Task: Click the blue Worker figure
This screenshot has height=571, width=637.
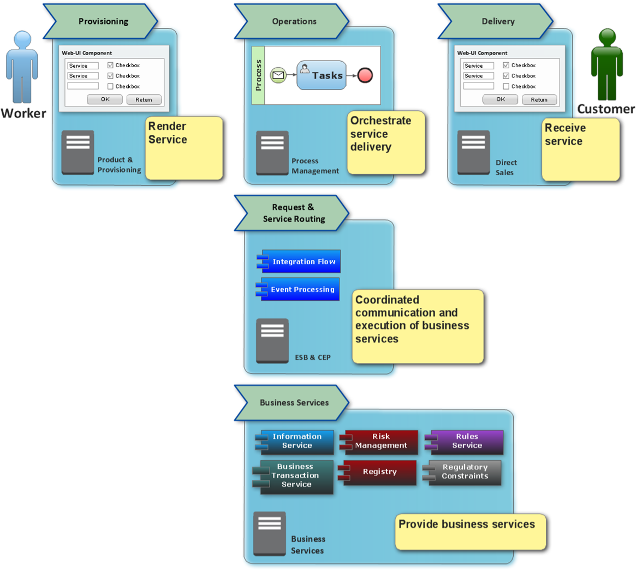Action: click(x=22, y=67)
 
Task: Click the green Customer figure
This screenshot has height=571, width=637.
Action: click(x=607, y=64)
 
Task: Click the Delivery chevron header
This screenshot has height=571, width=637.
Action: click(x=496, y=21)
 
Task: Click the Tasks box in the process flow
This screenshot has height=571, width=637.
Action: click(x=322, y=75)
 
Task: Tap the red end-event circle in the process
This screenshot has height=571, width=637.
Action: click(x=365, y=75)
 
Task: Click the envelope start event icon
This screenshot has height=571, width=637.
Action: click(x=278, y=75)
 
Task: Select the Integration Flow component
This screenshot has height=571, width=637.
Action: click(x=299, y=261)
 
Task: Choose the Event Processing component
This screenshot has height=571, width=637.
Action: click(x=298, y=289)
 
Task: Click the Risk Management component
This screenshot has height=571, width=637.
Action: click(x=379, y=442)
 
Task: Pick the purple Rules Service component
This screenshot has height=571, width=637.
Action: click(x=465, y=442)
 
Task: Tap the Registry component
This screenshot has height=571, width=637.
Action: click(x=377, y=472)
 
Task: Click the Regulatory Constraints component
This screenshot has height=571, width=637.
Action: click(x=462, y=472)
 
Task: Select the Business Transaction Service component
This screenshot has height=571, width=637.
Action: click(x=293, y=477)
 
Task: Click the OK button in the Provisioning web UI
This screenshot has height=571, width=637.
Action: click(x=105, y=99)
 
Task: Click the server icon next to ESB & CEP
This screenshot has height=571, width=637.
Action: click(x=272, y=341)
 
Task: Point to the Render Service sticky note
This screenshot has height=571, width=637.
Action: click(x=184, y=148)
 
